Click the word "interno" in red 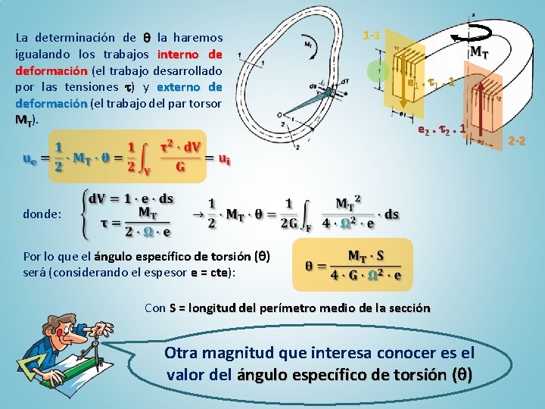[178, 54]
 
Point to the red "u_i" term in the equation [225, 159]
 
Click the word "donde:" [43, 214]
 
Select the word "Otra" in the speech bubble [184, 353]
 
